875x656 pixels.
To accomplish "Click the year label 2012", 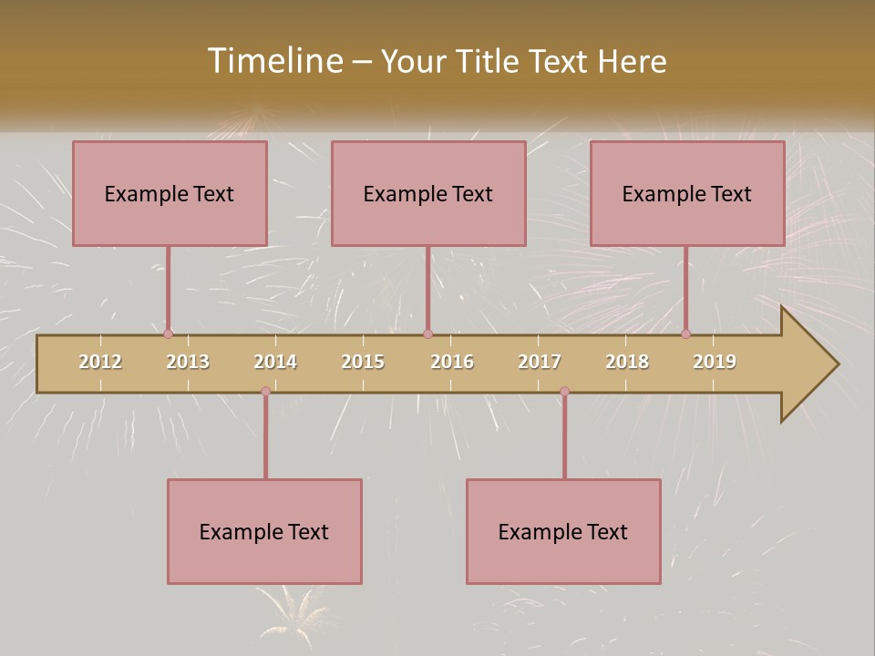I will [100, 362].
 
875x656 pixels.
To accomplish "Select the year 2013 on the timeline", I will [188, 362].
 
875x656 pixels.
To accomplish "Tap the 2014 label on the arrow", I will [275, 362].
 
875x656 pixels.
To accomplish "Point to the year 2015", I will [363, 362].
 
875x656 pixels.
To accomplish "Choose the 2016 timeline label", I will [452, 362].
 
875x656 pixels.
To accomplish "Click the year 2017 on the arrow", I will [540, 362].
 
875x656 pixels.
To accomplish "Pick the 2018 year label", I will [627, 362].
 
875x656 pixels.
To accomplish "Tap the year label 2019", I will [715, 362].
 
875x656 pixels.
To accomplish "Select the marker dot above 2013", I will [168, 334].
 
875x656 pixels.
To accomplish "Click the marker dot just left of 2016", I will [427, 334].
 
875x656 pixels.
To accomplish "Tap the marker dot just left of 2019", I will [686, 334].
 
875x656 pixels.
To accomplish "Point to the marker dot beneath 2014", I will [265, 392].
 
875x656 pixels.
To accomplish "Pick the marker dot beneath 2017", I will [564, 392].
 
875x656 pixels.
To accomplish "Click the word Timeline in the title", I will [273, 61].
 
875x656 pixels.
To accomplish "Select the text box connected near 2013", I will [170, 193].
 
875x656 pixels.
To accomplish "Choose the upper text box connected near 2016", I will [428, 193].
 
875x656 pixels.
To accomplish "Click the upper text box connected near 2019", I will [687, 193].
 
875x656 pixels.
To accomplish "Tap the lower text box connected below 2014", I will [264, 531].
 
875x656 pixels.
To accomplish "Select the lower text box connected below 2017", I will [563, 531].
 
